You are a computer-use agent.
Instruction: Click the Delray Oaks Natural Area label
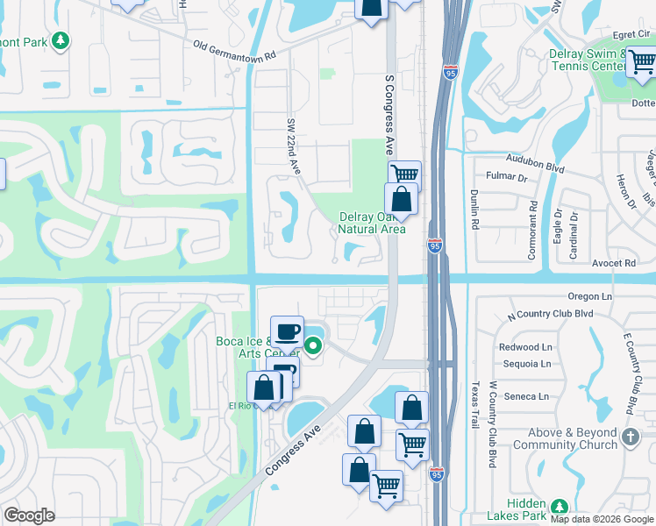tap(372, 224)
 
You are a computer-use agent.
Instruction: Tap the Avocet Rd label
tap(613, 262)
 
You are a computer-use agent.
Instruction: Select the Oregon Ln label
tap(589, 297)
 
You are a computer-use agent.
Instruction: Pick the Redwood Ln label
tap(525, 347)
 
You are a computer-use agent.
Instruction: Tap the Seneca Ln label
tap(525, 396)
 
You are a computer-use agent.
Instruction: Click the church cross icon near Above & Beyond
tap(630, 435)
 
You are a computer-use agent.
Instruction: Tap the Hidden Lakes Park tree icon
tap(558, 507)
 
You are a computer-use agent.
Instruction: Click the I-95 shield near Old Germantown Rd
tap(451, 73)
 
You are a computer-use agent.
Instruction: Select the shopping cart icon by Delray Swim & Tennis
tap(641, 61)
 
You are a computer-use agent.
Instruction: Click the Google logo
tap(30, 515)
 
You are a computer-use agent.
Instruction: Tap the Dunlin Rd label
tap(474, 210)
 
